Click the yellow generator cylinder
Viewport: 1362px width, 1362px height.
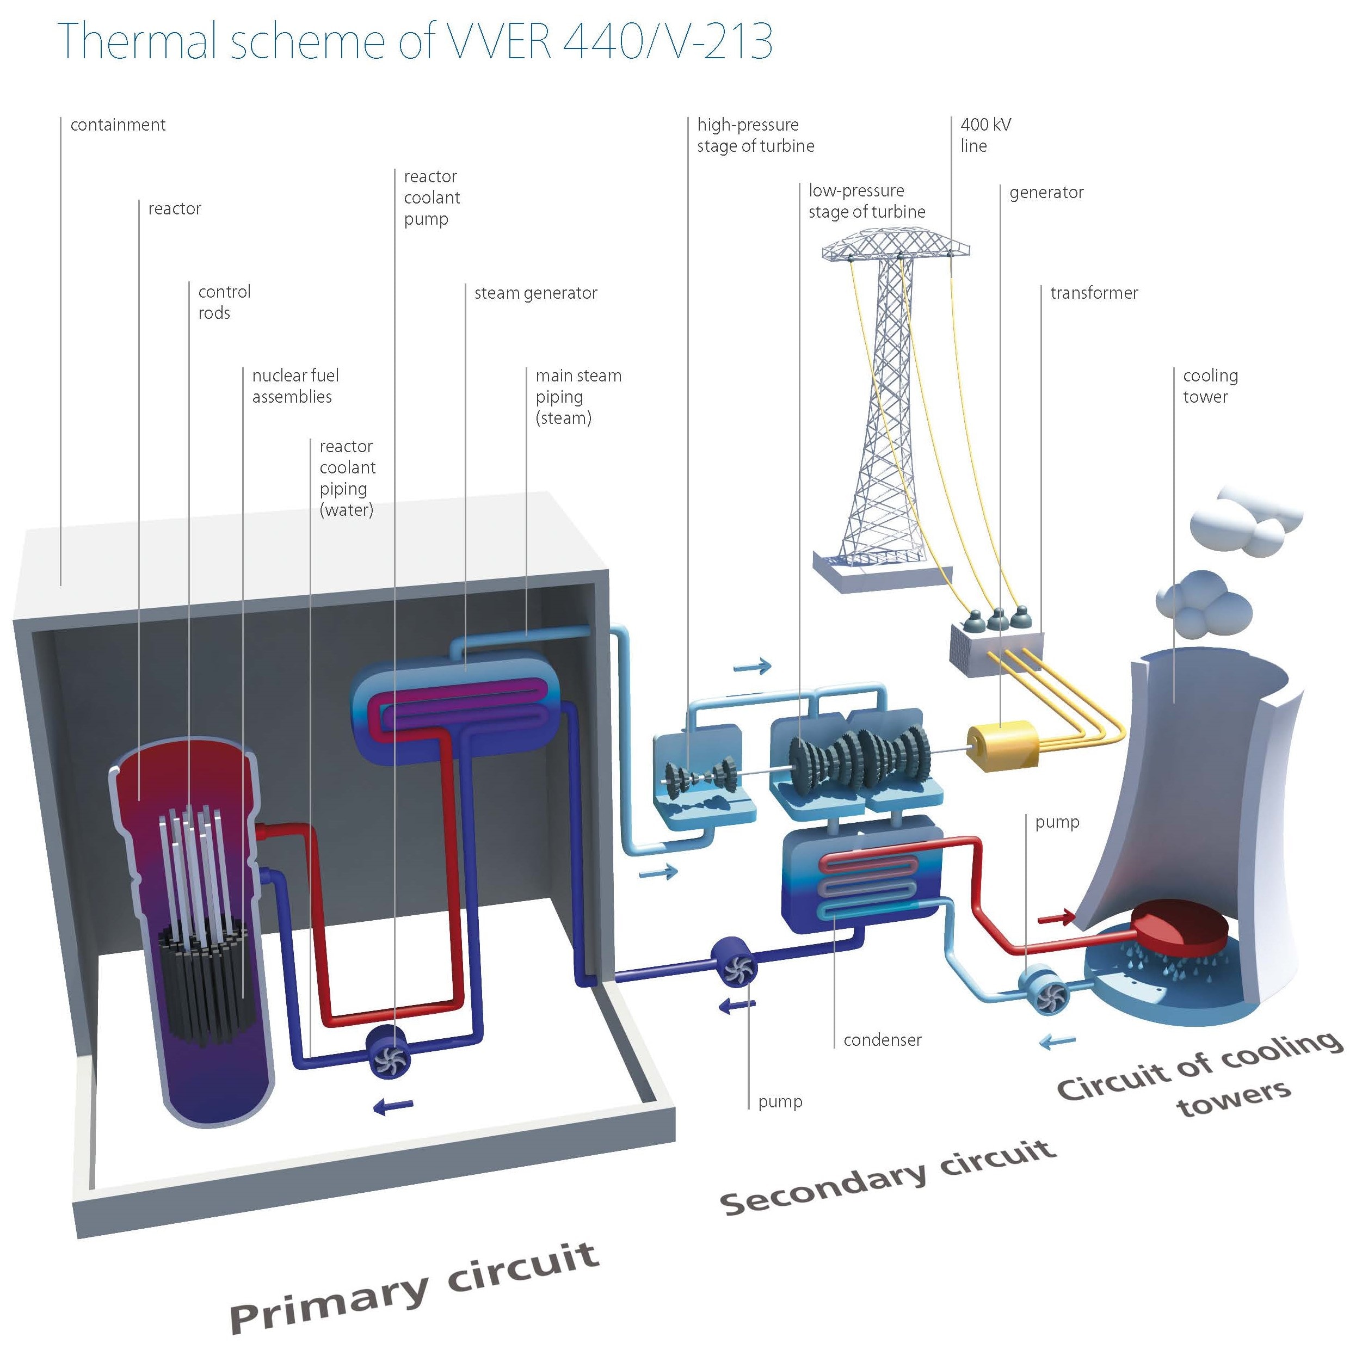(1002, 744)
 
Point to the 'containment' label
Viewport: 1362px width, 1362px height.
(118, 125)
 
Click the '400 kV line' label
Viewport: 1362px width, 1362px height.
(985, 134)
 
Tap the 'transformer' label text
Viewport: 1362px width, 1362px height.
(1093, 293)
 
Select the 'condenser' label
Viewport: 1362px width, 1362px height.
(882, 1040)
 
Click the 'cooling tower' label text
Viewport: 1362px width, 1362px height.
(1210, 386)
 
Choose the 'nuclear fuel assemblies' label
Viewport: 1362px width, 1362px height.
(295, 386)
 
